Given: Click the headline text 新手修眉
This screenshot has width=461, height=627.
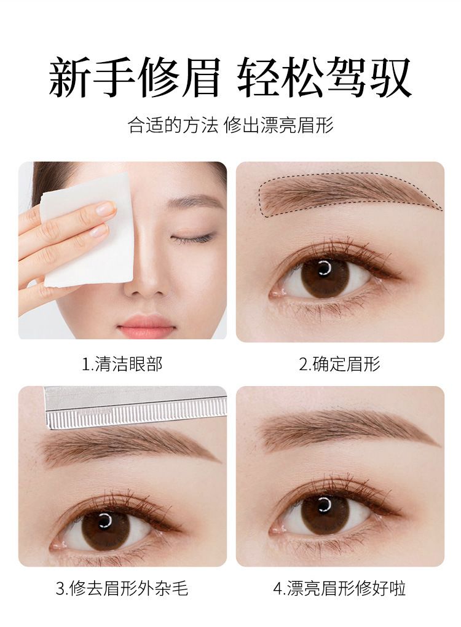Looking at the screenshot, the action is (135, 77).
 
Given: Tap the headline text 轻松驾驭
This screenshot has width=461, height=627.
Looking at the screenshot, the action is (325, 77).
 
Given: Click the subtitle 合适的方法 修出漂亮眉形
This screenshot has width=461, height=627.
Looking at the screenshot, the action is (230, 125).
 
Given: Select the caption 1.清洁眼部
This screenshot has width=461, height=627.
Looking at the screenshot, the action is (122, 364).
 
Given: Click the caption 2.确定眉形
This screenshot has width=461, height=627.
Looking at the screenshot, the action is (340, 364).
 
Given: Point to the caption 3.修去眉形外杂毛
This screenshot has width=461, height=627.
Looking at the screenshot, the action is (122, 589).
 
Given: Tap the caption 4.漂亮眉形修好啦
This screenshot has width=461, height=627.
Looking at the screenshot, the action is (340, 589).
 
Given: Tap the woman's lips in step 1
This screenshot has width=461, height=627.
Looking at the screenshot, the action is (146, 325).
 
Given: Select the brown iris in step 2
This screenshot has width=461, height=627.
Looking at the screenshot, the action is (325, 276).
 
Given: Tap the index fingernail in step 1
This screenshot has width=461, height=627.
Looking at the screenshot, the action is (106, 207).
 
